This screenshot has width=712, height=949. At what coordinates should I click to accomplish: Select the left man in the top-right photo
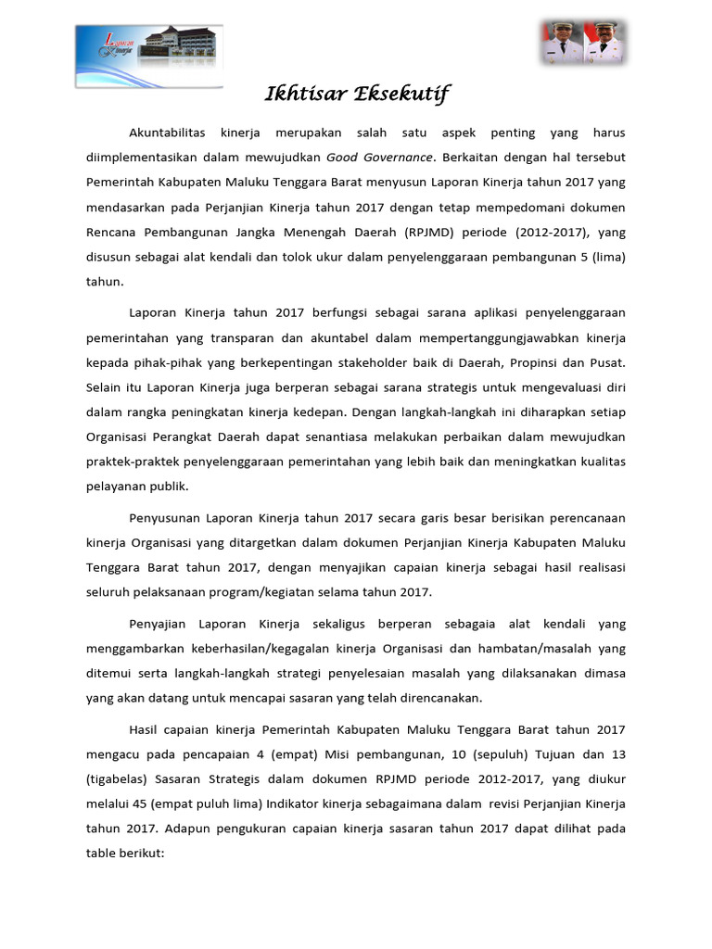click(x=562, y=44)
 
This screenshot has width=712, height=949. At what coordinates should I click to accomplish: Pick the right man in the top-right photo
click(x=604, y=44)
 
